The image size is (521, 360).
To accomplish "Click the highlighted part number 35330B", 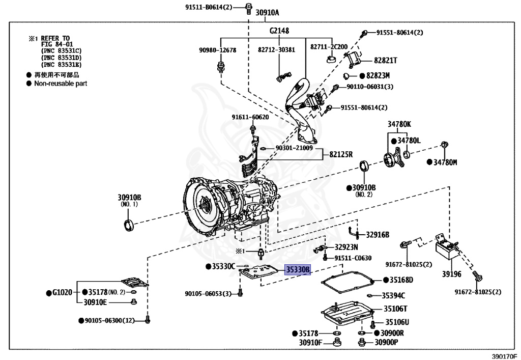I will click(298, 270).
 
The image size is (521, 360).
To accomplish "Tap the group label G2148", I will click(279, 31).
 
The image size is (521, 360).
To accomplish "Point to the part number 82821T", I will click(385, 60).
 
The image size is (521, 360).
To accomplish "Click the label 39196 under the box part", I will click(451, 274).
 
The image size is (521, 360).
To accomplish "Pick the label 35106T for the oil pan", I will click(395, 309).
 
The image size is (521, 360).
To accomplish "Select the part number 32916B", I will click(378, 235).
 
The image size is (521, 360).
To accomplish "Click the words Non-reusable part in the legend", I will click(61, 83).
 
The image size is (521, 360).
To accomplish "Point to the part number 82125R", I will click(341, 154).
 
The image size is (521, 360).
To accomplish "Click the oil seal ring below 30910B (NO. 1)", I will click(129, 224).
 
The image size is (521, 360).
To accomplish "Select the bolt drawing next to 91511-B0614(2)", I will click(248, 7).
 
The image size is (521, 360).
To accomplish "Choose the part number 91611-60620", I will click(250, 117).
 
